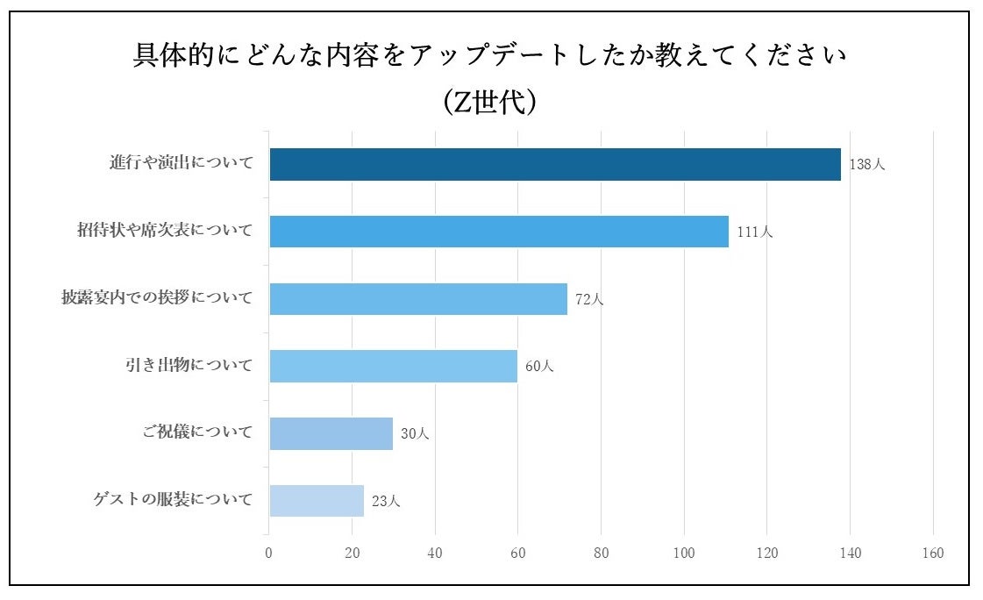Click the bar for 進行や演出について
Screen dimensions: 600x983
click(554, 165)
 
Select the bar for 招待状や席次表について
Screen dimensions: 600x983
click(498, 232)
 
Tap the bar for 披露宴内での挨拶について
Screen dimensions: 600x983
click(417, 299)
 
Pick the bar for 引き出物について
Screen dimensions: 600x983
click(393, 366)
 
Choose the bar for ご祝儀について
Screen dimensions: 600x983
click(331, 433)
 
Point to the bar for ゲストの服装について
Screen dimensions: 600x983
click(316, 501)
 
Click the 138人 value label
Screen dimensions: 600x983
click(867, 165)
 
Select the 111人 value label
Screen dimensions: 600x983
click(755, 232)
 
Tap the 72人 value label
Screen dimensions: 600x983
click(589, 299)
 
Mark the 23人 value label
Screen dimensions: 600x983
click(386, 502)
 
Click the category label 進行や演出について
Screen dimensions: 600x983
click(182, 164)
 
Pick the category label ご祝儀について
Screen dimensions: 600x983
click(197, 432)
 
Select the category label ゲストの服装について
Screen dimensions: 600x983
click(173, 500)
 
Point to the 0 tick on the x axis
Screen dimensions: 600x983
click(268, 554)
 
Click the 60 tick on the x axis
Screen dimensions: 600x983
click(517, 554)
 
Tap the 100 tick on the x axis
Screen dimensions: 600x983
click(684, 554)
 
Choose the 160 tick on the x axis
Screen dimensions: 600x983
click(933, 554)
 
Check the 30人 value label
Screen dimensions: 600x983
click(415, 434)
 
